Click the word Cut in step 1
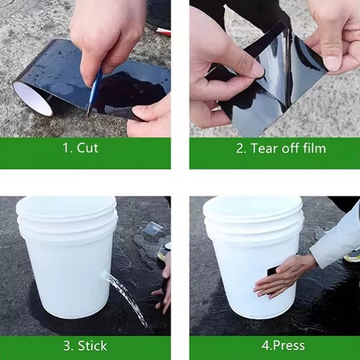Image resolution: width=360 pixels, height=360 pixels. point(88,148)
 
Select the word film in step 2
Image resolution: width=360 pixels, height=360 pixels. point(314,148)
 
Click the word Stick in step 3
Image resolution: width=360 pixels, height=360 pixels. point(92,346)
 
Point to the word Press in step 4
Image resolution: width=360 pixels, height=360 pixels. point(289,346)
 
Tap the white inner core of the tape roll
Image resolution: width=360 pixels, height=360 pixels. point(32,98)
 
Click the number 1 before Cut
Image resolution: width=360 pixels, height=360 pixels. point(67,148)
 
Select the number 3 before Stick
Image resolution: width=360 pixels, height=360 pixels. point(68,346)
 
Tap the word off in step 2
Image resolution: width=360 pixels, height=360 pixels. point(290,148)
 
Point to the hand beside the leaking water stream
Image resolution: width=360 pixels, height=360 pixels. point(163,283)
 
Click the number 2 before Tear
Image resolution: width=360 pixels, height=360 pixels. point(241,148)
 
